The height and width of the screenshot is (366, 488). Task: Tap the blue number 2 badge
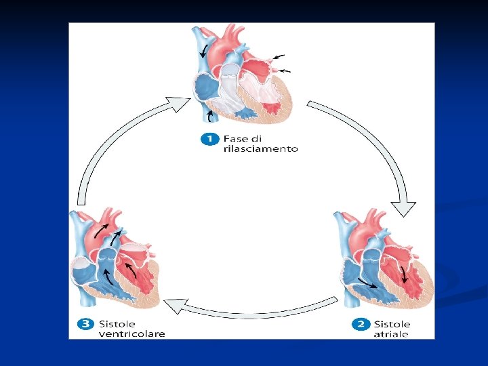pyautogui.click(x=360, y=325)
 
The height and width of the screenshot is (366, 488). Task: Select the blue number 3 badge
pyautogui.click(x=86, y=324)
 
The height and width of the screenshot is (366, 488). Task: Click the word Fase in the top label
pyautogui.click(x=236, y=139)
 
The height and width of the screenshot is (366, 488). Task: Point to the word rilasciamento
pyautogui.click(x=260, y=149)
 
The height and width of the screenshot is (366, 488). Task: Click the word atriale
pyautogui.click(x=390, y=333)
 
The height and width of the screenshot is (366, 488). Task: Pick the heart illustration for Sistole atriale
pyautogui.click(x=382, y=261)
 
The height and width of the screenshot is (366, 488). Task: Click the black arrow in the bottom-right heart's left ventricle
pyautogui.click(x=405, y=273)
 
